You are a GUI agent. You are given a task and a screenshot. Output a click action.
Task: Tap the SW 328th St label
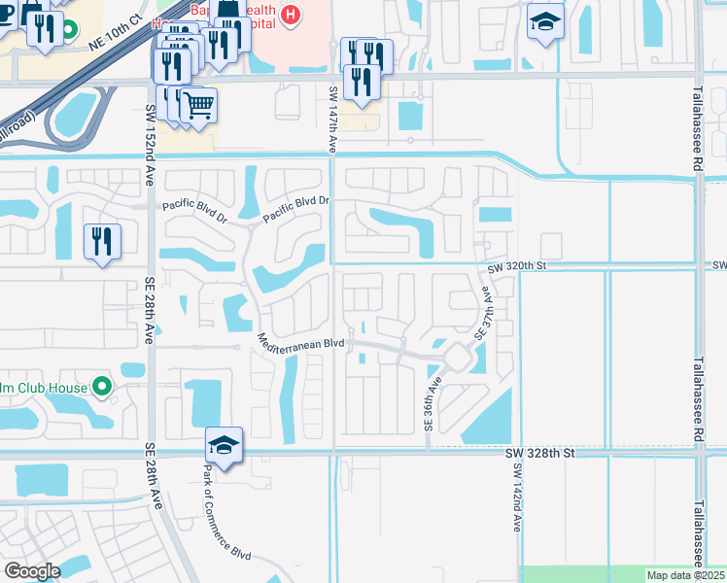point(541,453)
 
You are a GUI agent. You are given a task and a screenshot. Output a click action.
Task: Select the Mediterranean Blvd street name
point(301,342)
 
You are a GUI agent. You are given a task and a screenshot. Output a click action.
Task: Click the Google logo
point(32,571)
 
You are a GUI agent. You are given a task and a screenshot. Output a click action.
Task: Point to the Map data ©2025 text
point(684,575)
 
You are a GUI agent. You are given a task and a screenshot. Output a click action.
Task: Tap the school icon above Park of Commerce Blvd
point(224,446)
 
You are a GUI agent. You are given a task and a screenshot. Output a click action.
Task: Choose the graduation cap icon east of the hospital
point(545,20)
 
